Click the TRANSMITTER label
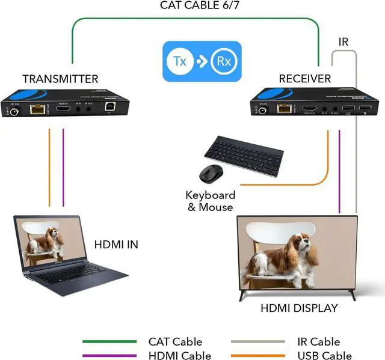tap(60, 79)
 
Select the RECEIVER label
tap(305, 79)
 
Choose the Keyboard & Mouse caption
tap(210, 201)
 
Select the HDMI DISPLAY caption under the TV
tap(299, 308)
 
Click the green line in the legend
tap(110, 342)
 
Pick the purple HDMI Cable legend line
tap(110, 356)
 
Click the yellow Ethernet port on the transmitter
tap(38, 109)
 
